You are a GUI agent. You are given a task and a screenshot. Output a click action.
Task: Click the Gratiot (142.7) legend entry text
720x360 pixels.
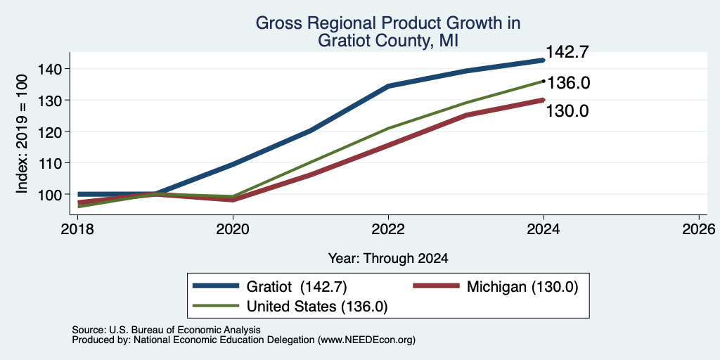point(297,287)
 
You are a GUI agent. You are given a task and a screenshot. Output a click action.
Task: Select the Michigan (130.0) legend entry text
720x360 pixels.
point(522,287)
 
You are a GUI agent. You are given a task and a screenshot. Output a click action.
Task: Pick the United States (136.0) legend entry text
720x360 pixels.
point(317,307)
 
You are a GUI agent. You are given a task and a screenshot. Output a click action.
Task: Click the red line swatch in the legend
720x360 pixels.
point(436,286)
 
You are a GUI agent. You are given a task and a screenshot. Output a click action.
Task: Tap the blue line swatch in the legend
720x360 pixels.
point(217,286)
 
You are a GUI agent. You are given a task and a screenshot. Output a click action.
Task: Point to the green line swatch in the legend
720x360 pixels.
point(217,306)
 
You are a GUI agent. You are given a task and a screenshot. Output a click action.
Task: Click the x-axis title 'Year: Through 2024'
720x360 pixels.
point(388,259)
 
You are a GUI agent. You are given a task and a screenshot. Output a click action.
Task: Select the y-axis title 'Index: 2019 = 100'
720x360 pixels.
point(22,134)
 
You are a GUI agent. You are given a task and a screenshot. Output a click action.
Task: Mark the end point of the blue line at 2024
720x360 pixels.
point(544,60)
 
